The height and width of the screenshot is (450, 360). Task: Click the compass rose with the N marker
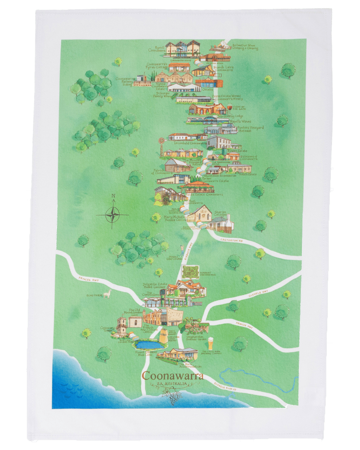point(112,213)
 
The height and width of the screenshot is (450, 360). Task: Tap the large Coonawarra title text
point(172,376)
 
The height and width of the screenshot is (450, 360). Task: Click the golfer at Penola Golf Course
point(182,250)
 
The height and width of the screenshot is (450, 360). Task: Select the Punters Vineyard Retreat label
point(250,129)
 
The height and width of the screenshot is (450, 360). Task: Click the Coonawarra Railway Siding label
point(124,82)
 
